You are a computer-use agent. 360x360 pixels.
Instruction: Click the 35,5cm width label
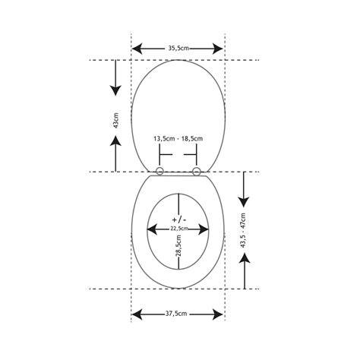178,48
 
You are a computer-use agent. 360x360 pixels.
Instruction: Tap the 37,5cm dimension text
176,314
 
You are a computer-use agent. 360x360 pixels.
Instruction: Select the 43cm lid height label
116,120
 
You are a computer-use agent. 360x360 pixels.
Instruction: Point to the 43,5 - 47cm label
243,230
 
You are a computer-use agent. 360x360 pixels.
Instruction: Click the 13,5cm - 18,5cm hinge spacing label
178,139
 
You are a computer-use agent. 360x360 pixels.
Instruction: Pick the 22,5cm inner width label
178,229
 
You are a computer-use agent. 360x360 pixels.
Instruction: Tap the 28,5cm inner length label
178,246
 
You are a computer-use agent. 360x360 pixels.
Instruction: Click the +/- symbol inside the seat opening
179,219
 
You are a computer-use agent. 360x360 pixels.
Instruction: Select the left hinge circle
159,172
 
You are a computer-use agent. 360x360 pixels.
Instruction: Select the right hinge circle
196,172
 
